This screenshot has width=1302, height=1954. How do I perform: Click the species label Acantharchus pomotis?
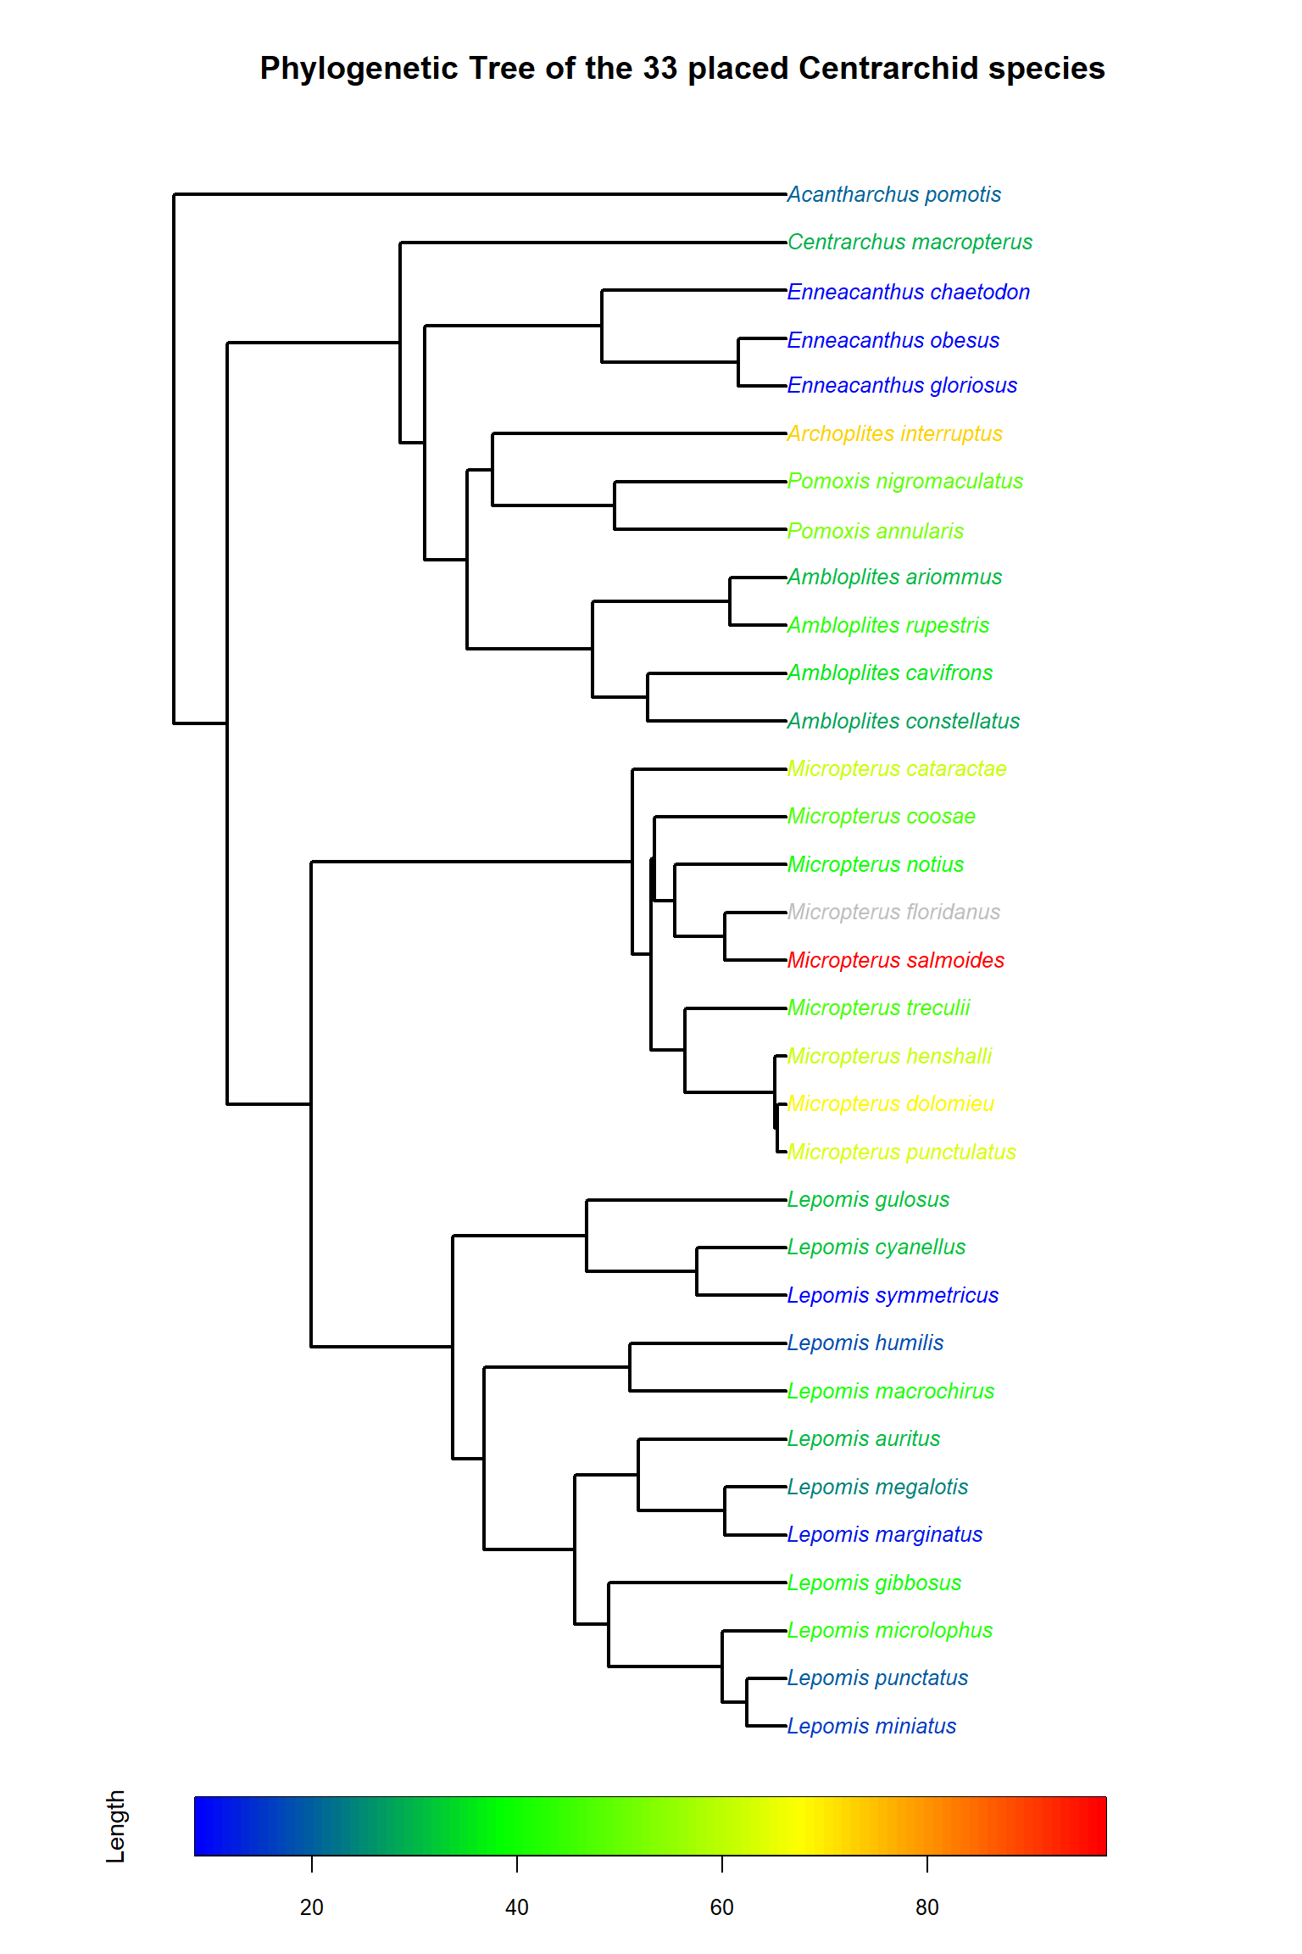[893, 195]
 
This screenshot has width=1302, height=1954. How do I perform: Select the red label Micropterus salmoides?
[895, 960]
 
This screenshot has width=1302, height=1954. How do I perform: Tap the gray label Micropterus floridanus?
[893, 913]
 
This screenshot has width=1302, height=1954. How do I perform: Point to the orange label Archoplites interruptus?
[894, 434]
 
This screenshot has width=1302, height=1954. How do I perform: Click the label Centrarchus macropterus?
[910, 243]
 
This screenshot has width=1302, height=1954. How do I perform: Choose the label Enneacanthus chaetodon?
[908, 293]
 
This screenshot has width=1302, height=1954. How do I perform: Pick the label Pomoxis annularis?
[875, 532]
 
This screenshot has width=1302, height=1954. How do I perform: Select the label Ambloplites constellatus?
[903, 722]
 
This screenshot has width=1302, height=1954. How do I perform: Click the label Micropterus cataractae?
[897, 769]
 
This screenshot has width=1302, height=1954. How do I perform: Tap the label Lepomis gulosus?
[868, 1200]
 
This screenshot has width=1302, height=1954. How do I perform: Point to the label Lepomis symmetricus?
[893, 1296]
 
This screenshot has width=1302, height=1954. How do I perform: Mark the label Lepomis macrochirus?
[890, 1392]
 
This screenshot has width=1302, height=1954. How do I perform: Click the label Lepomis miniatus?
[871, 1727]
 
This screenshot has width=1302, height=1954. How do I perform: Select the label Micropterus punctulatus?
[901, 1153]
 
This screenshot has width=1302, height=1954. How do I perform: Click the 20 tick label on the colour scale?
[312, 1907]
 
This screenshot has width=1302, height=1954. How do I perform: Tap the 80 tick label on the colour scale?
[926, 1907]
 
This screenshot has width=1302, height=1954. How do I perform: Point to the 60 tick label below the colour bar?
[721, 1907]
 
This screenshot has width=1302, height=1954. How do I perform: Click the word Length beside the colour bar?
[116, 1826]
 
